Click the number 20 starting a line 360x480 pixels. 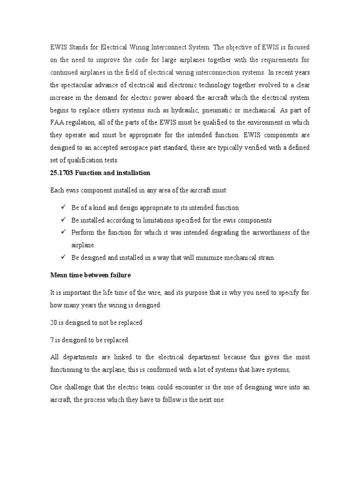[53, 322]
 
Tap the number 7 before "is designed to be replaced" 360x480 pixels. [52, 339]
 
